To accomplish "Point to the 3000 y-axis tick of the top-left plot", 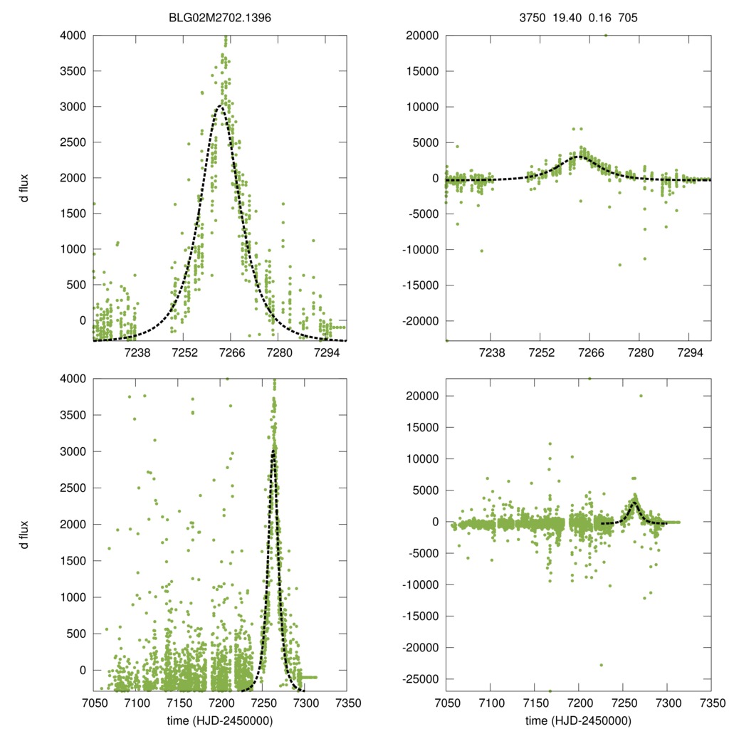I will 74,107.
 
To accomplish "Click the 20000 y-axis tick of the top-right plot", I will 424,35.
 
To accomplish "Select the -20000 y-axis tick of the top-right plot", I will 422,321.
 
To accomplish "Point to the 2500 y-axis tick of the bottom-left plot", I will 74,488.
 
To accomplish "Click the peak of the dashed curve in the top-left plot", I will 221,107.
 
